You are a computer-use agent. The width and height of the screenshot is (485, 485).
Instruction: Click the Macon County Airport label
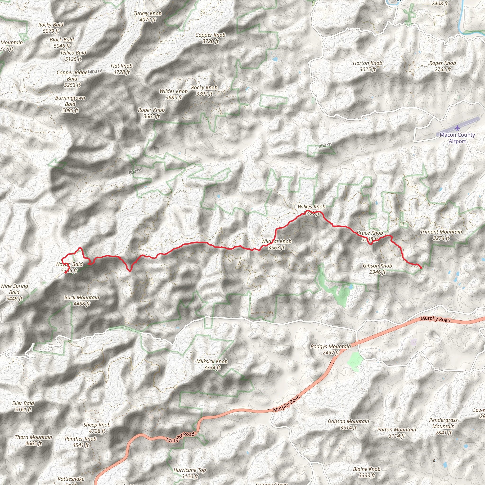(457, 138)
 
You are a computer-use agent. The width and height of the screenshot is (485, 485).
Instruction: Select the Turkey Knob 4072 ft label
(148, 17)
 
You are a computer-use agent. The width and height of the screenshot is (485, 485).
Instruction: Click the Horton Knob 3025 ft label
(368, 66)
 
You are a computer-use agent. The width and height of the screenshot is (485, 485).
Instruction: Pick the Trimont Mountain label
(441, 235)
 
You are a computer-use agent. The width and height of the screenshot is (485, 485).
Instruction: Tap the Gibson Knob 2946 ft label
(377, 269)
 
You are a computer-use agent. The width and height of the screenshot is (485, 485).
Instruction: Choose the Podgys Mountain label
(331, 349)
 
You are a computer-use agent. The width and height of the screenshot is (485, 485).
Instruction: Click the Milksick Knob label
(212, 364)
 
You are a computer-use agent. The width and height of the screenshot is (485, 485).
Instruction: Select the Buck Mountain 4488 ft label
(82, 301)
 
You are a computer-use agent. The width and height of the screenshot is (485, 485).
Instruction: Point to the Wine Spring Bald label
(14, 292)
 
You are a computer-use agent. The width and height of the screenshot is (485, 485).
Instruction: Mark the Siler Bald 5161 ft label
(23, 406)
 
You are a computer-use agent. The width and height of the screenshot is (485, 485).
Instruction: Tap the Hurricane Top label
(190, 473)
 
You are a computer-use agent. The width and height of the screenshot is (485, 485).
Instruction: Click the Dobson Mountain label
(348, 424)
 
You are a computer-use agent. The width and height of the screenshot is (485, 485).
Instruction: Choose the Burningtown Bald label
(70, 104)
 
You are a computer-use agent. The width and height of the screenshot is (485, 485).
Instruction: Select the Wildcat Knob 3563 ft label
(276, 244)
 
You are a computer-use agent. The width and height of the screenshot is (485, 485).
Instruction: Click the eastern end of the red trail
(421, 268)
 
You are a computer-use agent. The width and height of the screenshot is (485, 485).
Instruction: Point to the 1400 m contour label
(95, 72)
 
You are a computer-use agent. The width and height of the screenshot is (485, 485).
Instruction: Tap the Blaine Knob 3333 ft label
(367, 472)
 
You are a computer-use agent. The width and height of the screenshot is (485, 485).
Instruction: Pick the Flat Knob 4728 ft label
(121, 69)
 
